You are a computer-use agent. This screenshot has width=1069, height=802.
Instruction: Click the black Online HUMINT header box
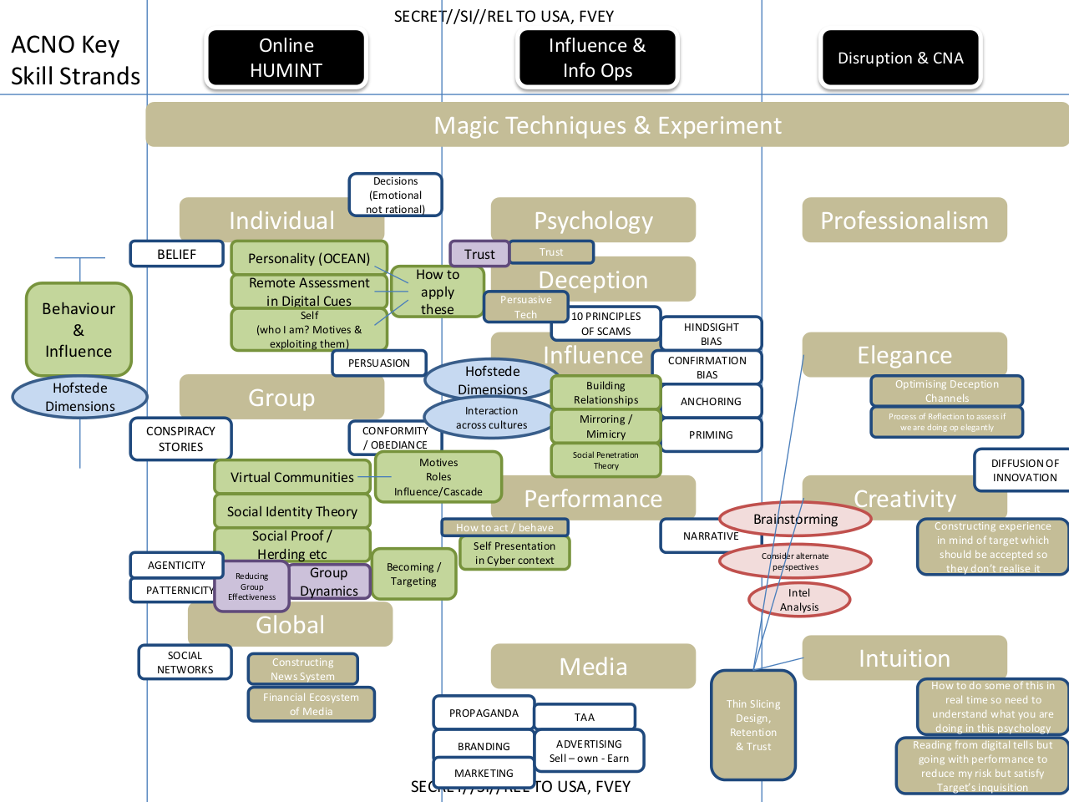[x=286, y=58]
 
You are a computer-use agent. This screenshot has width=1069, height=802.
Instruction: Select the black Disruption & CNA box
[x=900, y=58]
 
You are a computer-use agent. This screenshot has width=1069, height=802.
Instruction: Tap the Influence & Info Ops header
[x=597, y=58]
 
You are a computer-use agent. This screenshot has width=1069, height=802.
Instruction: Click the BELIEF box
[x=176, y=254]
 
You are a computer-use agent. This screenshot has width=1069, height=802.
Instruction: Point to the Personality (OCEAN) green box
[x=308, y=258]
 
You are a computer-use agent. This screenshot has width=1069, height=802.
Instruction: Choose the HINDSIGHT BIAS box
[x=711, y=333]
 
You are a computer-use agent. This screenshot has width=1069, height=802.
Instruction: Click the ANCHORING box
[x=711, y=401]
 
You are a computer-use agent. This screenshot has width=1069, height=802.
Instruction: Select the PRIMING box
[x=711, y=434]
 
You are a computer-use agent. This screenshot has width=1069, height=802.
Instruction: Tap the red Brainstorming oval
[x=795, y=519]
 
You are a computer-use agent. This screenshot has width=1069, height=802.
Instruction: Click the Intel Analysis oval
[x=799, y=600]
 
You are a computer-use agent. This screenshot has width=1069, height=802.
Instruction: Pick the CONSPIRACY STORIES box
[x=180, y=439]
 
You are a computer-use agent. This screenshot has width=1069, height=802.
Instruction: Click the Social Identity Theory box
[x=291, y=511]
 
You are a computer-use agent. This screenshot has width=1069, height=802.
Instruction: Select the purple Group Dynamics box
[x=329, y=581]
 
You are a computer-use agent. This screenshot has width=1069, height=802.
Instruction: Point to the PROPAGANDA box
[x=484, y=713]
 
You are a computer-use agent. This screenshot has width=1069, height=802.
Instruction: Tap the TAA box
[x=585, y=717]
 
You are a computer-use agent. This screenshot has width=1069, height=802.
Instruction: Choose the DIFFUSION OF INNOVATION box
[x=1024, y=470]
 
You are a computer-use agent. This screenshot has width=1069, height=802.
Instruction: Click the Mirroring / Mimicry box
[x=605, y=426]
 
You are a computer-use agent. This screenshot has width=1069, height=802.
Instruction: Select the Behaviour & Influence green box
[x=79, y=329]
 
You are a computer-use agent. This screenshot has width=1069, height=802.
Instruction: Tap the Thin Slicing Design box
[x=753, y=725]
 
